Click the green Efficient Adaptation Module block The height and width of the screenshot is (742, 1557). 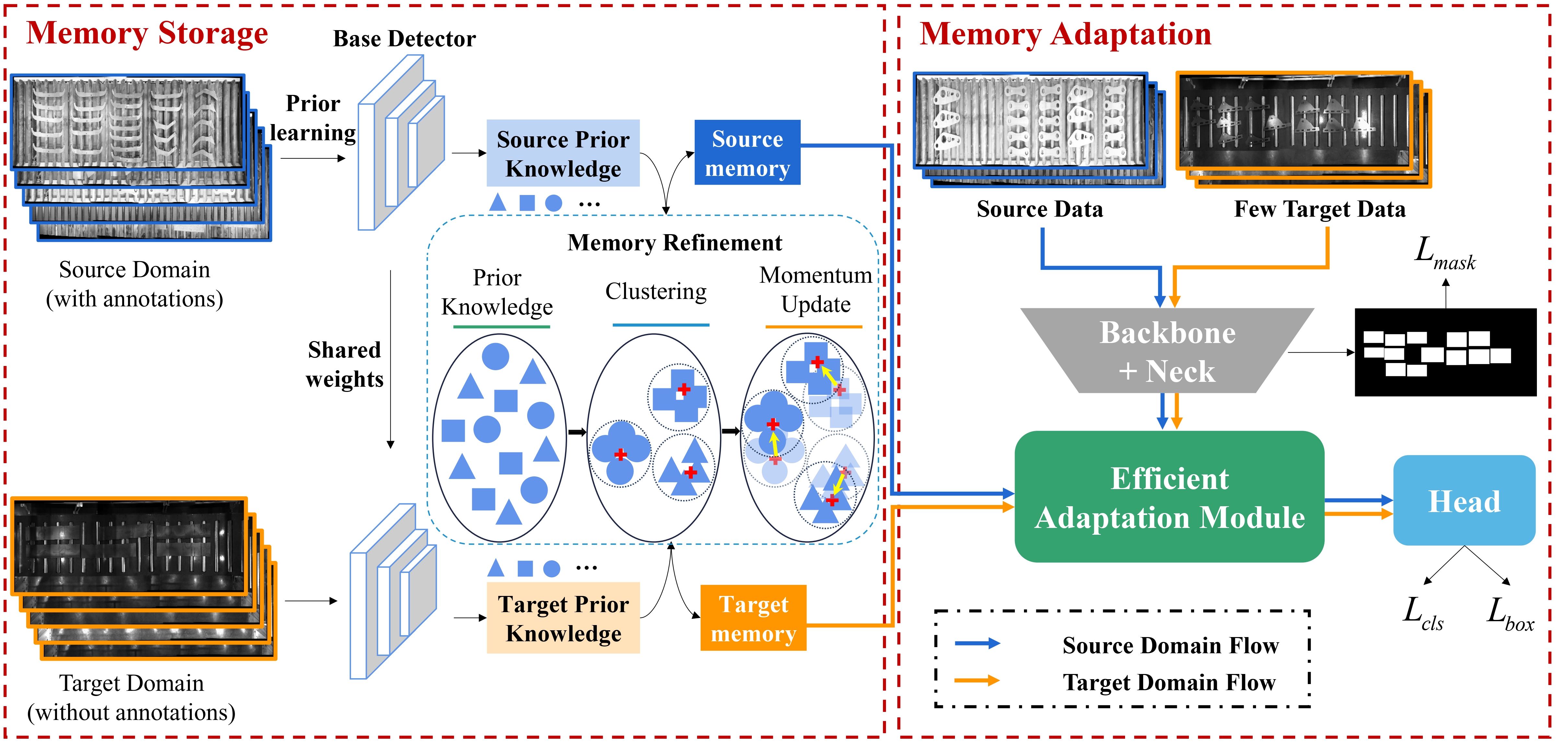(1169, 497)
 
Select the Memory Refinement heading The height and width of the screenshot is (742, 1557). (675, 242)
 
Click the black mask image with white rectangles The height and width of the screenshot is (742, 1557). (1445, 352)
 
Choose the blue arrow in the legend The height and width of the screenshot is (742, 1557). (977, 644)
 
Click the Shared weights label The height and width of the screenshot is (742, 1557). (344, 364)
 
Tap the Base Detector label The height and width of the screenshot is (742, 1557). (404, 39)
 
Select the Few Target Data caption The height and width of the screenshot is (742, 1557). (1319, 209)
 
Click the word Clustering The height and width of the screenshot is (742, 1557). (656, 291)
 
